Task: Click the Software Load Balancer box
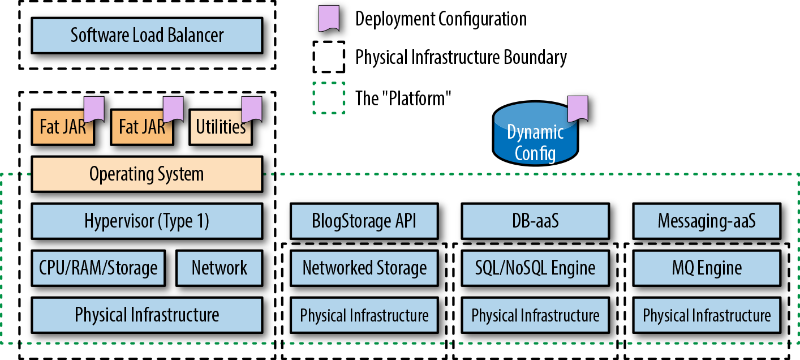(x=147, y=36)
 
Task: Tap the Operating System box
(x=147, y=174)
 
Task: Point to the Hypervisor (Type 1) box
(x=147, y=221)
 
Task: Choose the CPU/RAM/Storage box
(x=98, y=267)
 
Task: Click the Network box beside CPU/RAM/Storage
(x=220, y=267)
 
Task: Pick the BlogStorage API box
(x=364, y=221)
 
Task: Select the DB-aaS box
(x=535, y=221)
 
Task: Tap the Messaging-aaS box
(x=707, y=221)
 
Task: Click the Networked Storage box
(x=364, y=267)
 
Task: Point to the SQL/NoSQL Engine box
(x=535, y=267)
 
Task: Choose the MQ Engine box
(x=707, y=267)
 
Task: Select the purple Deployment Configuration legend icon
(x=329, y=18)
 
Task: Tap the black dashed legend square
(x=329, y=57)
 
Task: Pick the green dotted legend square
(x=329, y=98)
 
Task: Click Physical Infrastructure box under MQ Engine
(x=707, y=315)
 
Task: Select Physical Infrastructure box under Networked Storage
(x=364, y=315)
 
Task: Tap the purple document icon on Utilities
(x=252, y=109)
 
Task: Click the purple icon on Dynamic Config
(x=578, y=109)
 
